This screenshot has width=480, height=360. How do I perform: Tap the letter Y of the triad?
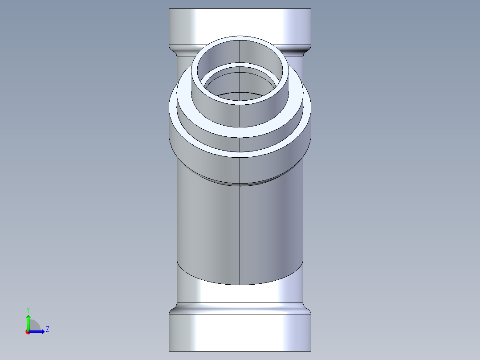point(28,309)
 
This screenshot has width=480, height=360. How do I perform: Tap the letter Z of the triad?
point(47,329)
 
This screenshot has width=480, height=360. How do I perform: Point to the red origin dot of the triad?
point(28,332)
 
